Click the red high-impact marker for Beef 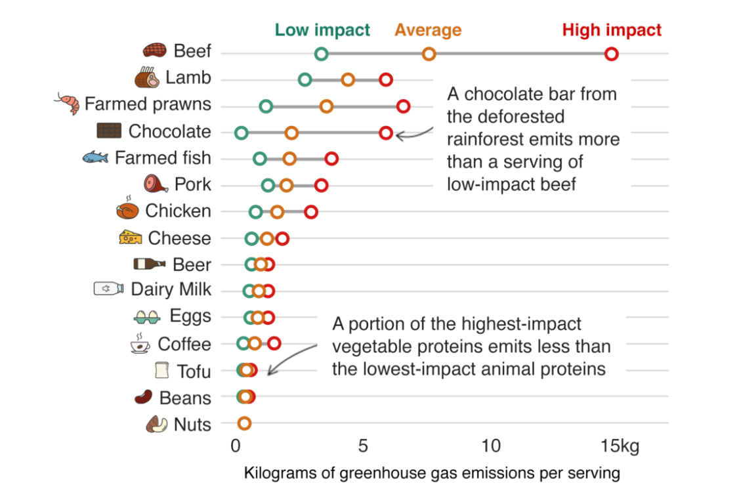(x=611, y=54)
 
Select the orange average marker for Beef (x=429, y=54)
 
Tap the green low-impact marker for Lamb (x=305, y=80)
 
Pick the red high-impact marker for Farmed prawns (x=403, y=106)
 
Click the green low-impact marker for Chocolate (x=241, y=133)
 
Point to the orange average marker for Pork (x=286, y=185)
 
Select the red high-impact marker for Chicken (x=310, y=212)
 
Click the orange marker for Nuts (x=244, y=423)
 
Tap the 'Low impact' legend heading (x=322, y=30)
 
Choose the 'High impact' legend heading (x=612, y=30)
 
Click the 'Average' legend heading (x=428, y=30)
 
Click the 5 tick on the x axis (x=363, y=447)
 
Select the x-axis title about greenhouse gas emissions (x=432, y=473)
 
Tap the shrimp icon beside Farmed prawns (x=68, y=104)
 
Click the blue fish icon (x=95, y=157)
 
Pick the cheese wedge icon (x=130, y=238)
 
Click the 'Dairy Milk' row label (x=171, y=289)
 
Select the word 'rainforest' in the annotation (x=488, y=140)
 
